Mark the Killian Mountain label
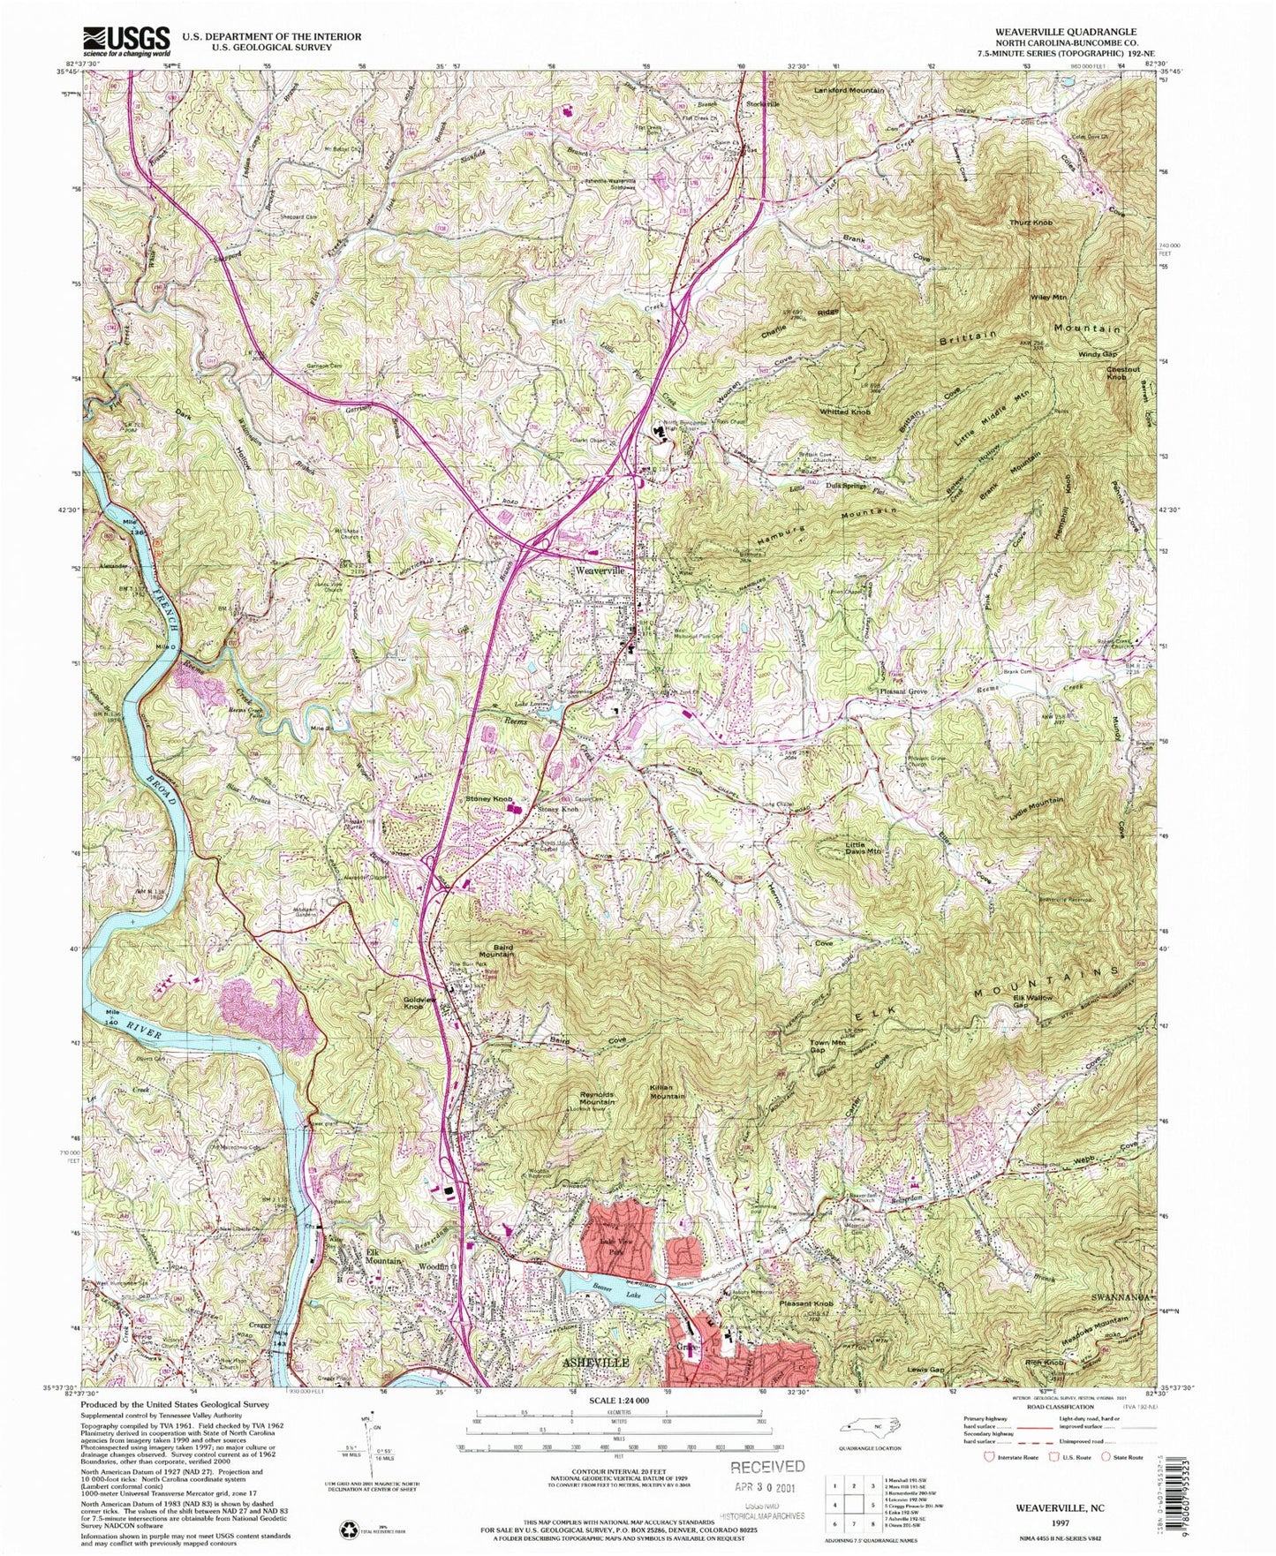click(x=668, y=1091)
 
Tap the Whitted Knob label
click(x=846, y=412)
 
